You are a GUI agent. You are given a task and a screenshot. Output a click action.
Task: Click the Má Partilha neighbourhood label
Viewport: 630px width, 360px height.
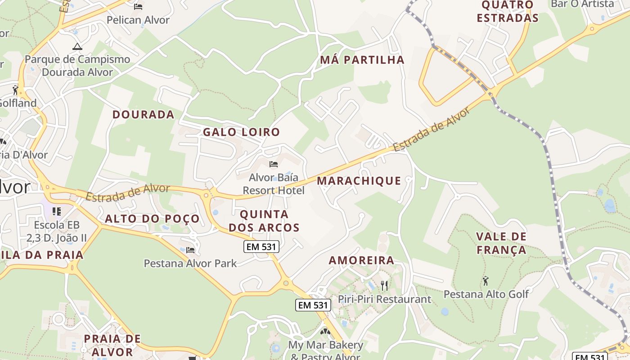coord(362,60)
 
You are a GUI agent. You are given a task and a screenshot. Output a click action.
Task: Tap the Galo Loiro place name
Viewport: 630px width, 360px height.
coord(241,132)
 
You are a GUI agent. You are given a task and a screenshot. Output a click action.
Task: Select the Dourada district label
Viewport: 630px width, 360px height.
coord(143,115)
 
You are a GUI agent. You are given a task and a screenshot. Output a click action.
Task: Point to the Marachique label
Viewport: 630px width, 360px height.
coord(359,181)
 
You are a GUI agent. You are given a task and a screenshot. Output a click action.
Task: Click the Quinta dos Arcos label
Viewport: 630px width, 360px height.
coord(264,220)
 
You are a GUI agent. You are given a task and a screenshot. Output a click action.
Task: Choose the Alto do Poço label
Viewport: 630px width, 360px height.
coord(152,219)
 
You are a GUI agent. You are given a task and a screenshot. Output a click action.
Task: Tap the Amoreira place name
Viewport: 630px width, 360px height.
coord(361,261)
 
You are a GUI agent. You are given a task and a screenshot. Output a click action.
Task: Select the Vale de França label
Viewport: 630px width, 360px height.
coord(501,243)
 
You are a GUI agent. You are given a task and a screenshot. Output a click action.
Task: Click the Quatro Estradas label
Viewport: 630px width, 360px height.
coord(508,12)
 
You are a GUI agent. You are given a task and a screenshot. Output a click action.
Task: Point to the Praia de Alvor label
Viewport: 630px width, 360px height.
coord(112,345)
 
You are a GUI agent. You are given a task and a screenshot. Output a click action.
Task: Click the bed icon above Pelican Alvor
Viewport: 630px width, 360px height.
coord(138,6)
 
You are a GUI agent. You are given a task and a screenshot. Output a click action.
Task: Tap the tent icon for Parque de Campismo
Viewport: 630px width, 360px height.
coord(77,46)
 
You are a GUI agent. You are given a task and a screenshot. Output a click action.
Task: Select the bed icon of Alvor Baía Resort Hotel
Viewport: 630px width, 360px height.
coord(273,164)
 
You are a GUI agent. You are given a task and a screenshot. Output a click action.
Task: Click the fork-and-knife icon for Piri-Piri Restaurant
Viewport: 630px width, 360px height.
coord(384,285)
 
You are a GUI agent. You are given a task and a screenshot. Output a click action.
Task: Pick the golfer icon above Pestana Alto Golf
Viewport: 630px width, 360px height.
coord(486,281)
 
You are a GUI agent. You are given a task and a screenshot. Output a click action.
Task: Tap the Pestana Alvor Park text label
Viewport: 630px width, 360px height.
coord(190,263)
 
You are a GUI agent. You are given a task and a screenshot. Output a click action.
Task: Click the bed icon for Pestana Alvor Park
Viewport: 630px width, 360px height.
coord(190,250)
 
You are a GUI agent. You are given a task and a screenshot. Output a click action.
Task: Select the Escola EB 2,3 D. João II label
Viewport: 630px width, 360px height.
coord(57,231)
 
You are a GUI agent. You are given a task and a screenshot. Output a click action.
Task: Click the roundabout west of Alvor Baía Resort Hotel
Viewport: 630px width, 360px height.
coord(207,195)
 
